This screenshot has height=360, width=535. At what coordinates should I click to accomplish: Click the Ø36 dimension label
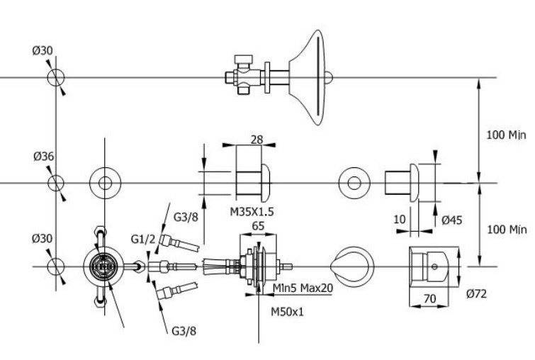click(x=44, y=157)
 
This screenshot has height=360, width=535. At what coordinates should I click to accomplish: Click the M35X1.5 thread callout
click(x=252, y=212)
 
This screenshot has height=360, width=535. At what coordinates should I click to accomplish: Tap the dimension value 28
click(x=257, y=140)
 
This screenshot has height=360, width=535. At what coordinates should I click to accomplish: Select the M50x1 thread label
click(x=287, y=312)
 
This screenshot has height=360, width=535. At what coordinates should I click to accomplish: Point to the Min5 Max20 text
click(x=303, y=288)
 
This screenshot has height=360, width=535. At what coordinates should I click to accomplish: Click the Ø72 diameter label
click(x=476, y=293)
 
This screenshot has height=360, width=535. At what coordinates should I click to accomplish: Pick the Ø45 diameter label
click(x=452, y=220)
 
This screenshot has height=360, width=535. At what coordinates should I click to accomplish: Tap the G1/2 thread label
click(x=143, y=240)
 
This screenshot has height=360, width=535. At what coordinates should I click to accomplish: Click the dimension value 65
click(x=258, y=226)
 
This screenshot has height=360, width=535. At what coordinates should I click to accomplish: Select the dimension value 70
click(x=429, y=299)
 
